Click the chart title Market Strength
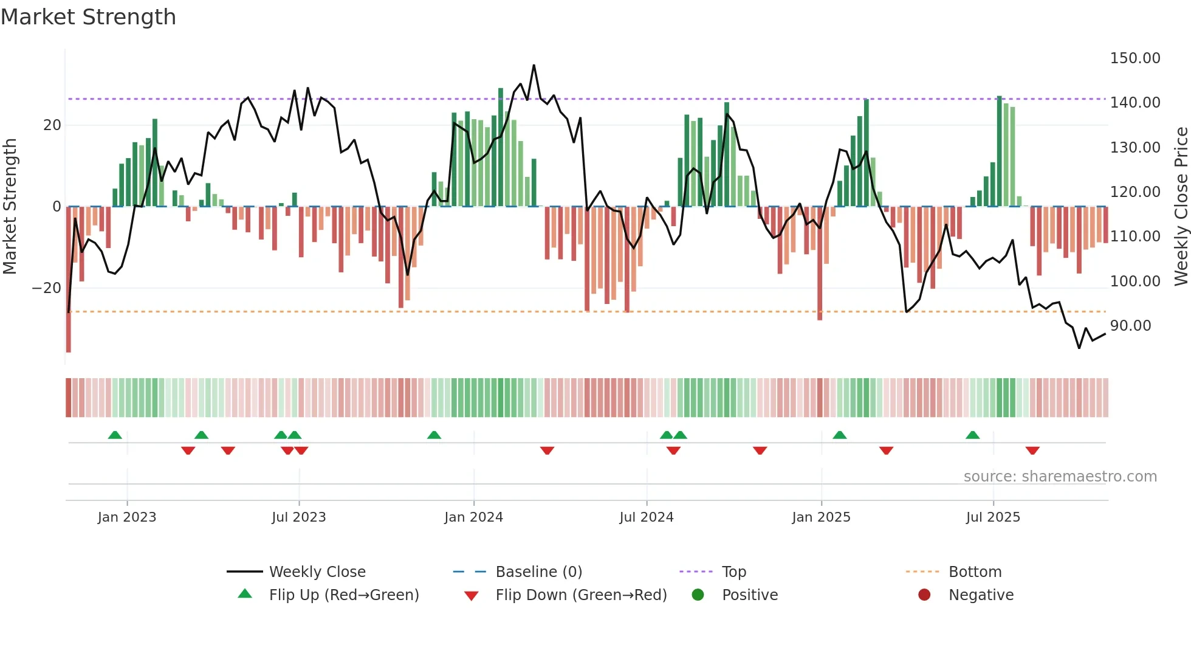(x=88, y=17)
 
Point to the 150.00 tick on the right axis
(x=1134, y=58)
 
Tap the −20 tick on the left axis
(x=47, y=288)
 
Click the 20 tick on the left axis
(x=52, y=125)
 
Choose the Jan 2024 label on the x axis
(x=473, y=517)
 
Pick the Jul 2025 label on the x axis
(x=993, y=517)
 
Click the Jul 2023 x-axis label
(x=298, y=517)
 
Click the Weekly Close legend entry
(x=317, y=572)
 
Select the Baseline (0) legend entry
(x=538, y=572)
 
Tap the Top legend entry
(x=733, y=572)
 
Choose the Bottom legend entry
(x=975, y=572)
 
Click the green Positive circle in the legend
(x=698, y=595)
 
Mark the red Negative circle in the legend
(x=924, y=595)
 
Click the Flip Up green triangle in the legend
(x=245, y=594)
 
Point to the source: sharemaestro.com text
(x=1060, y=477)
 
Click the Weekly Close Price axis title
(x=1181, y=207)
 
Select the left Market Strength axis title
(x=10, y=207)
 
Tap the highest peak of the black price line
(x=534, y=65)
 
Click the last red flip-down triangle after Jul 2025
(x=1032, y=451)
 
